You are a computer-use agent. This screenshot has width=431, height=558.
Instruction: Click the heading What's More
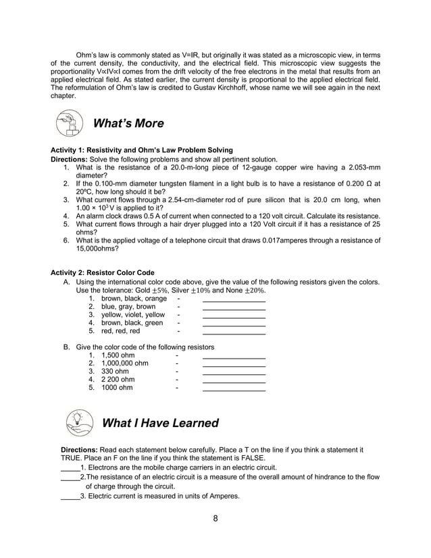pos(128,124)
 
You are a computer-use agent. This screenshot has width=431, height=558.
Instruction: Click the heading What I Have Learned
pos(159,423)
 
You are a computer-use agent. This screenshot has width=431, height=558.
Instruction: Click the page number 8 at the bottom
pos(215,518)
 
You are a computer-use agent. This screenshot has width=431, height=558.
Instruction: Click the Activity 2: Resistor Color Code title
pos(103,273)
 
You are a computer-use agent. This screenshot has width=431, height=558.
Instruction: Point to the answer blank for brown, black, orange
pos(234,299)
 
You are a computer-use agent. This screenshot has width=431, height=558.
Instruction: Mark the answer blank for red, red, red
pos(234,332)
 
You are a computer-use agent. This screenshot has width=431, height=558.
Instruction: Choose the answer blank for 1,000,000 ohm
pos(234,363)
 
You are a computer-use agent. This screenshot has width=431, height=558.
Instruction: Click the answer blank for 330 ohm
pos(234,372)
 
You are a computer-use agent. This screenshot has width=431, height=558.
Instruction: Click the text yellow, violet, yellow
pos(132,315)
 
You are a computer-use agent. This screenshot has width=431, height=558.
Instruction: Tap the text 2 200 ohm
pos(118,380)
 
